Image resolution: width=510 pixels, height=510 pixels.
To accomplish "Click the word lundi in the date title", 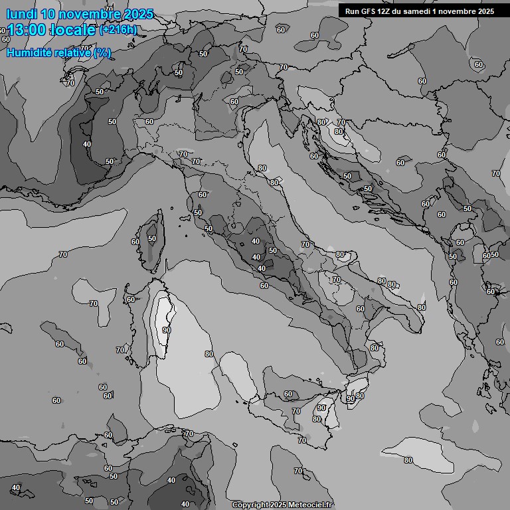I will click(x=21, y=14).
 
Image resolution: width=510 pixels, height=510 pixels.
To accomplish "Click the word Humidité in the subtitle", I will click(x=29, y=52).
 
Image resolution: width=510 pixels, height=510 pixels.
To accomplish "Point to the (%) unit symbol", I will click(x=102, y=52).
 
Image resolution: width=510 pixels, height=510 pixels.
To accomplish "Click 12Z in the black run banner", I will click(x=387, y=11).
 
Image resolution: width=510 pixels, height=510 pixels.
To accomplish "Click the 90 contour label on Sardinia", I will click(x=166, y=329).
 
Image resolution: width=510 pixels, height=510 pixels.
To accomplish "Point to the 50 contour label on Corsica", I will click(x=152, y=238).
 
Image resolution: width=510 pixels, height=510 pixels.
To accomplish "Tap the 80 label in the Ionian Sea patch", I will click(x=408, y=460).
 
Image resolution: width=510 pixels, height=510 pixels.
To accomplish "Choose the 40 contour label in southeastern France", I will click(x=87, y=144).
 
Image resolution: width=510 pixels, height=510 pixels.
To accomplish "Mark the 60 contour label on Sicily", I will click(x=288, y=394).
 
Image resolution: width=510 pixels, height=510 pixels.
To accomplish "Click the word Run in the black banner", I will click(x=351, y=11).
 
